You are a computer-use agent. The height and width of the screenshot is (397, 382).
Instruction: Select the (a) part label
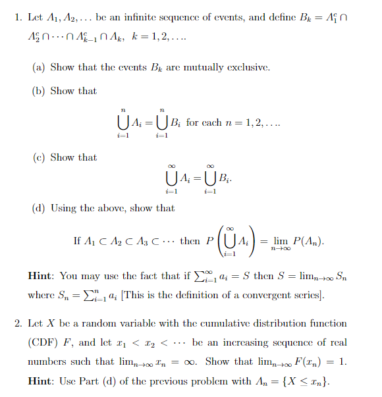[38, 67]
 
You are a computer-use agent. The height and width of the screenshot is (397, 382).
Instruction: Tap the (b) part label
[38, 91]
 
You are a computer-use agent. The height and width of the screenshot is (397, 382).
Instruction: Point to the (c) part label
[38, 157]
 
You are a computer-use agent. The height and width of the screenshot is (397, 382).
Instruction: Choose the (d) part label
[38, 208]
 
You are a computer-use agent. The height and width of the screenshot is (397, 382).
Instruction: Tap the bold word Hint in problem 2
[43, 380]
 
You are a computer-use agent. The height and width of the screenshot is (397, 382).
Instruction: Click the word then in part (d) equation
[190, 242]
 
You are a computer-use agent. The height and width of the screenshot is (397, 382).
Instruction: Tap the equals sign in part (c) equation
[196, 176]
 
